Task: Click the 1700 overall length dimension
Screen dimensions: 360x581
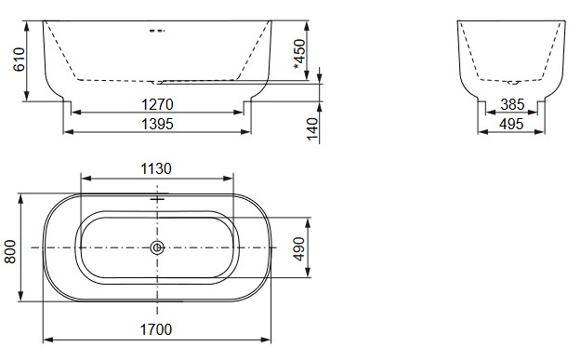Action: (157, 328)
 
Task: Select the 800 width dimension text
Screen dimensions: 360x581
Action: (11, 249)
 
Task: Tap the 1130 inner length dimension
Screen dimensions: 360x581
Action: (157, 168)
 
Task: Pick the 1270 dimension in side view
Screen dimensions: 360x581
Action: (157, 104)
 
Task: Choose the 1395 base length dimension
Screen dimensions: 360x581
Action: (157, 123)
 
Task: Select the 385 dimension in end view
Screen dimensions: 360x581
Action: (511, 105)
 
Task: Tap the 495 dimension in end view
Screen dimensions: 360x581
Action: (511, 123)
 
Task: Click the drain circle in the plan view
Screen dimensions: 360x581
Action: (157, 248)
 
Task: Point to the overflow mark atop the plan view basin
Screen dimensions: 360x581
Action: (157, 199)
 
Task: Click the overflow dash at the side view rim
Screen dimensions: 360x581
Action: (157, 31)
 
